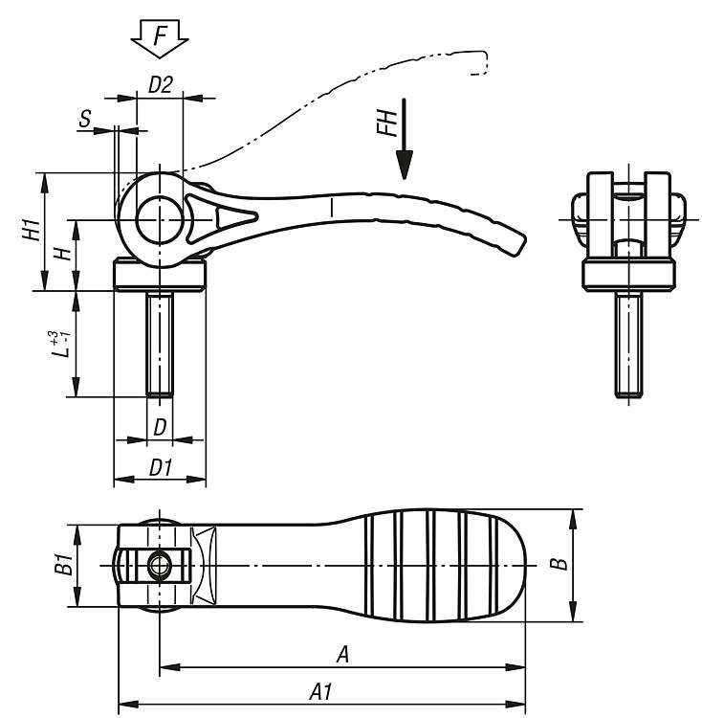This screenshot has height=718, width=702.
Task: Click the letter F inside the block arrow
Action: tap(160, 36)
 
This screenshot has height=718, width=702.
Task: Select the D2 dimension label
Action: tap(160, 84)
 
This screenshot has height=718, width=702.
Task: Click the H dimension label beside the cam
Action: tap(60, 254)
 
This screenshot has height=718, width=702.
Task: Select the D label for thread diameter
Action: tap(160, 425)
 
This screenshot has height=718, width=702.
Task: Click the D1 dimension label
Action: tap(160, 467)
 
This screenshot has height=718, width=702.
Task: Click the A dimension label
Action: tap(341, 654)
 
